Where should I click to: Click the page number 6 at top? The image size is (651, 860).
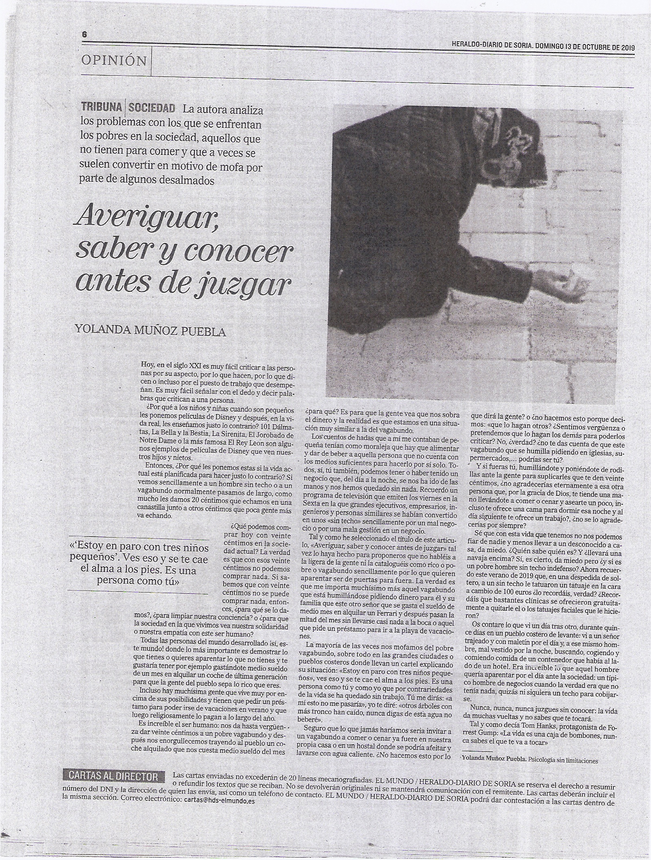(x=85, y=35)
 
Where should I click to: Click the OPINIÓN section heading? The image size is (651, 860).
(x=114, y=61)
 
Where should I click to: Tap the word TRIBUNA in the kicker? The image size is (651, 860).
(x=102, y=108)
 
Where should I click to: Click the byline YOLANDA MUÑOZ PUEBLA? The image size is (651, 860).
(x=149, y=331)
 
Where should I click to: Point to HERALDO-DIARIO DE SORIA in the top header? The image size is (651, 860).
(x=492, y=47)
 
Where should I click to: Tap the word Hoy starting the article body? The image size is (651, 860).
(x=144, y=364)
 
